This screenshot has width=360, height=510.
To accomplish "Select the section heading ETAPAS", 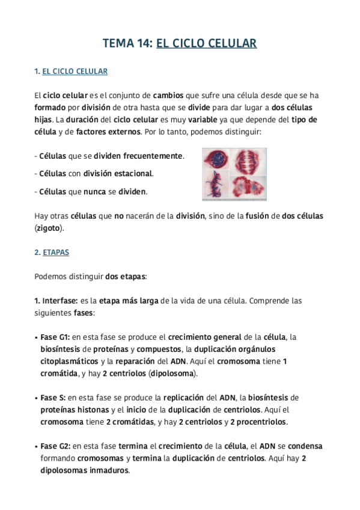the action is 56,253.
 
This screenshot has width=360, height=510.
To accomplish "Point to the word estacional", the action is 132,174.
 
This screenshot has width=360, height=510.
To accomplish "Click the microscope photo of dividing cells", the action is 233,174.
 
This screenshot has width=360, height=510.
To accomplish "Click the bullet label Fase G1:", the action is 55,337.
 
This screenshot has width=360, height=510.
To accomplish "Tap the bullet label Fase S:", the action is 53,398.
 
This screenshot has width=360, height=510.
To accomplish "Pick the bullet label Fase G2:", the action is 55,447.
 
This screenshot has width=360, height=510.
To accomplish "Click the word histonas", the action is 86,410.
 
